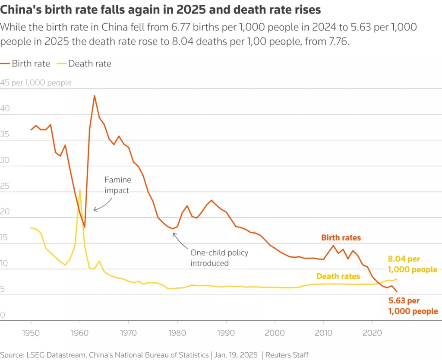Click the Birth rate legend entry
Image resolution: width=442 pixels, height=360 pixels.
tap(25, 64)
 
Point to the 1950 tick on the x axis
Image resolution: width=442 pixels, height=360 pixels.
tap(31, 334)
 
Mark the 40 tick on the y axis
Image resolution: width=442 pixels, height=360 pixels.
tap(5, 110)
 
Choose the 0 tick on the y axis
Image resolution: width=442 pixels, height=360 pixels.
tap(3, 316)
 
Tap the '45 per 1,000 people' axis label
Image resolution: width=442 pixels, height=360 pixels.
tap(36, 82)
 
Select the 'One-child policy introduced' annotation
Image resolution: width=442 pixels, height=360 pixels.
tap(219, 257)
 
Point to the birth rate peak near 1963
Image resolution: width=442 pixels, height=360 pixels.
tap(95, 96)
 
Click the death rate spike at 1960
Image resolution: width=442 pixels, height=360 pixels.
tap(80, 189)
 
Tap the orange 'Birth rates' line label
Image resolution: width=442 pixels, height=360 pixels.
tap(341, 238)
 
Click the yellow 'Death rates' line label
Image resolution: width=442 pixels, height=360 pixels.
tap(338, 276)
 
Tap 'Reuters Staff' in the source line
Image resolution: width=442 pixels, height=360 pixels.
tap(288, 354)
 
